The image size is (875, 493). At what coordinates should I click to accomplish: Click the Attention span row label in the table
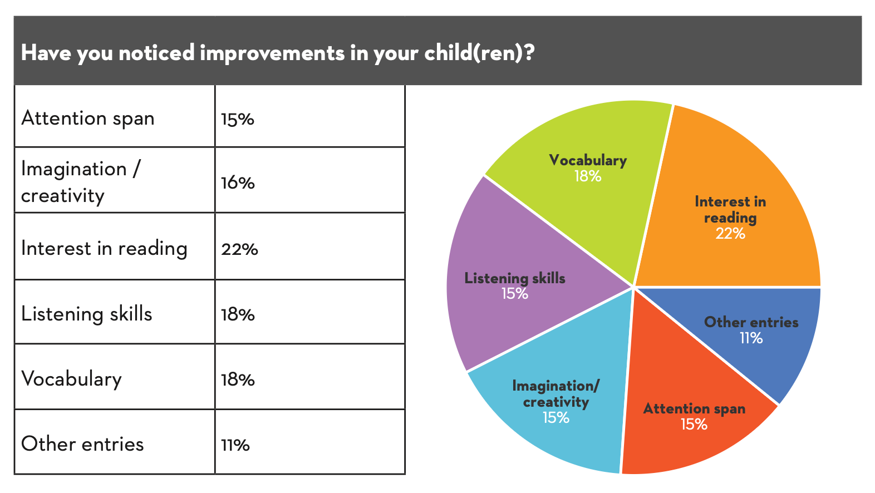click(88, 119)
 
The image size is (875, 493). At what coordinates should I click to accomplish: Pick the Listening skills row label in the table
click(86, 314)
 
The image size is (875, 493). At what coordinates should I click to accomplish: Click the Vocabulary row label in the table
click(71, 379)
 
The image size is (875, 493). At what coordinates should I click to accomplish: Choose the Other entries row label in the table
click(82, 444)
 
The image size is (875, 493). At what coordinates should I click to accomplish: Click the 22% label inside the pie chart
click(730, 234)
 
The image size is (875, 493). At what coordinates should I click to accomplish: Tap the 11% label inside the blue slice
click(751, 338)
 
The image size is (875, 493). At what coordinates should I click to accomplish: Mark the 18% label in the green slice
click(587, 176)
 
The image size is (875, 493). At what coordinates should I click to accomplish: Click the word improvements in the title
click(272, 53)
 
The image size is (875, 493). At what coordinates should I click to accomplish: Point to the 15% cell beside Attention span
click(237, 119)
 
